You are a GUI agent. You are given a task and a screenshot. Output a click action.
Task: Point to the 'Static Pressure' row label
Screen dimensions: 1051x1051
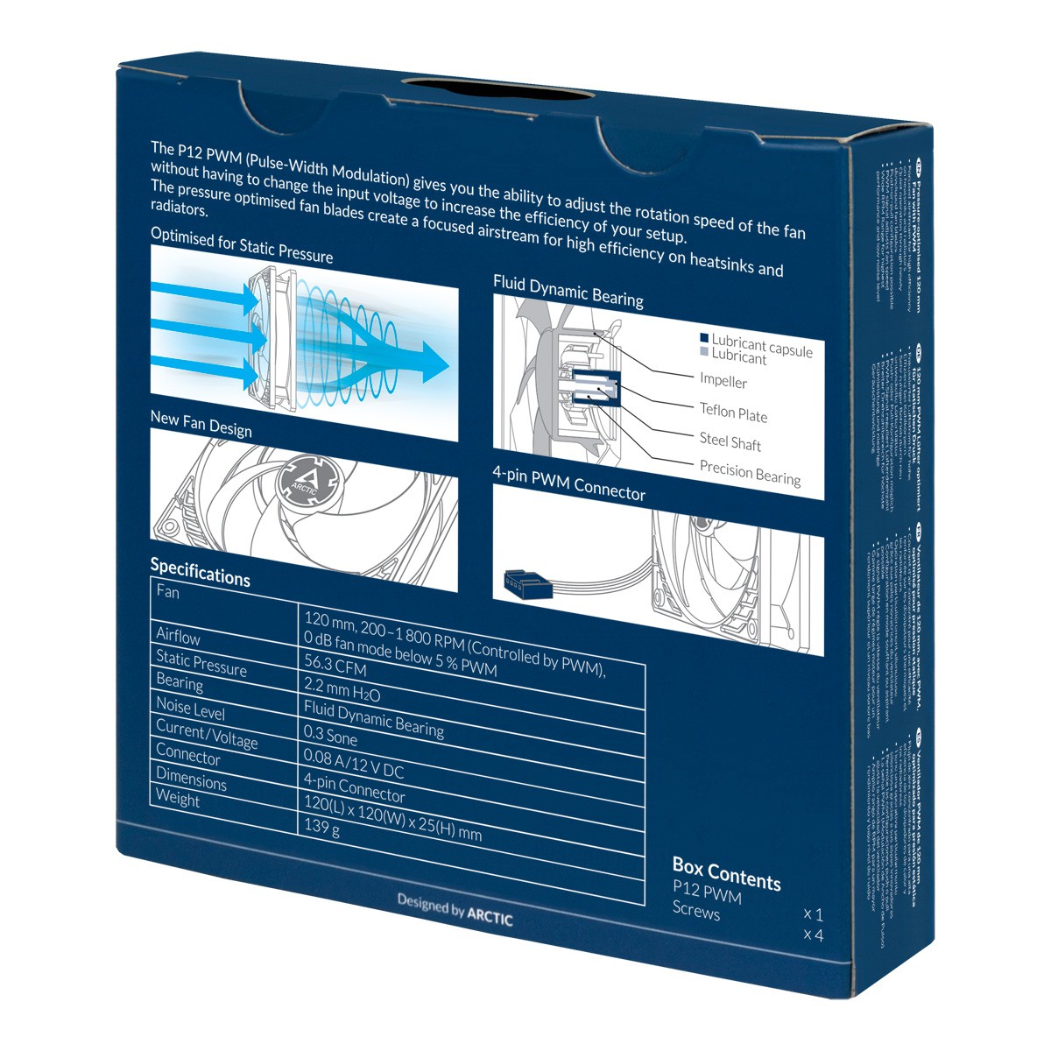[201, 663]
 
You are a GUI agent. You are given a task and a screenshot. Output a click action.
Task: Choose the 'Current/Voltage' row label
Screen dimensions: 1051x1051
[207, 734]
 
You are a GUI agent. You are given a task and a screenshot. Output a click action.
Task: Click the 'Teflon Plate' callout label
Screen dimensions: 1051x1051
[733, 413]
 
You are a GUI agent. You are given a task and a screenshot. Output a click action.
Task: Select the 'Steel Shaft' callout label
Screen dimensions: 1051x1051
[730, 441]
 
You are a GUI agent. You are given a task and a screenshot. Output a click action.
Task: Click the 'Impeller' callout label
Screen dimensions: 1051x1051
[723, 381]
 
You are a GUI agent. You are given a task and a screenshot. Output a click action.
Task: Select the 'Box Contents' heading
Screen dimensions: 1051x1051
[726, 874]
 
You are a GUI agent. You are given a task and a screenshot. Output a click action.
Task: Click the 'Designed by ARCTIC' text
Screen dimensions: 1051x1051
[455, 908]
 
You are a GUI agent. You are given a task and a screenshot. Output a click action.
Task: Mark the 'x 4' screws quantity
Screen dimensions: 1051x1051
[813, 935]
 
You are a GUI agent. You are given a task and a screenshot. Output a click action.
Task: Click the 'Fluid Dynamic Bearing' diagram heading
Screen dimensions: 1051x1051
[568, 291]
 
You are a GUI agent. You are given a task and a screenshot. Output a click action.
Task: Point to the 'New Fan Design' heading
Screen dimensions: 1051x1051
[201, 424]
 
